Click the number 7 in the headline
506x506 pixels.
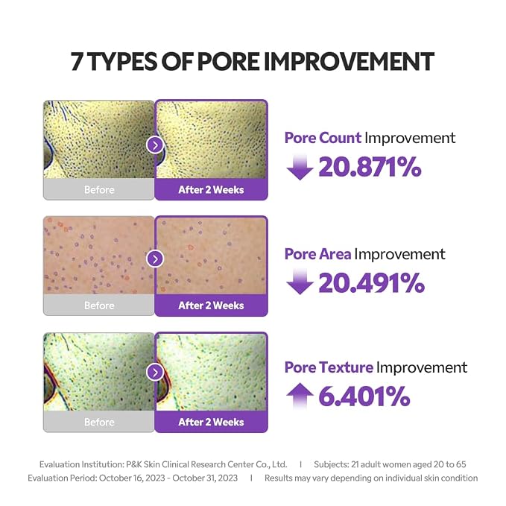(77, 61)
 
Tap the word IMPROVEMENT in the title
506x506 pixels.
(350, 61)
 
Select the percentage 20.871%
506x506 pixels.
(370, 167)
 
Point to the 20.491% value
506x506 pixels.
(371, 282)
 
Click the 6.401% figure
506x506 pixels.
(364, 396)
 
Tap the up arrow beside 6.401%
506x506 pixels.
(300, 396)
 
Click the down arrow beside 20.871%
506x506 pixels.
(300, 167)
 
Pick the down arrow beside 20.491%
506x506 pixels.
(300, 282)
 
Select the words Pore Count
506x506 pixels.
(323, 138)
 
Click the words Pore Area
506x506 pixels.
(318, 254)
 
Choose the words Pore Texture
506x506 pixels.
(329, 367)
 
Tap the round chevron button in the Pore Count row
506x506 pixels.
(155, 145)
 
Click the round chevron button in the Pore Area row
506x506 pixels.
(155, 259)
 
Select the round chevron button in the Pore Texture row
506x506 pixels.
(155, 373)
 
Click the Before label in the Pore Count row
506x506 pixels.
(99, 190)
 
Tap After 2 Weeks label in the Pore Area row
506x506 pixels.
(211, 306)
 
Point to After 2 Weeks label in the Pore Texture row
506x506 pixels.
(211, 422)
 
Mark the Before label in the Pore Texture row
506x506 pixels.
(99, 422)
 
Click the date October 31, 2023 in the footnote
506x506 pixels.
(205, 478)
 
